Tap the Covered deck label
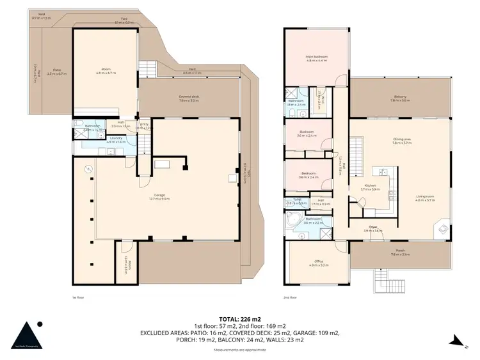click(x=189, y=98)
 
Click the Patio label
click(x=57, y=72)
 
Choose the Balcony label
click(x=400, y=98)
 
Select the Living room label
click(x=425, y=198)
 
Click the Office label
click(x=318, y=262)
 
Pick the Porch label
click(x=400, y=253)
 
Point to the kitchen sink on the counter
click(x=384, y=171)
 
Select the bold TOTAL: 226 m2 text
click(x=240, y=318)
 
